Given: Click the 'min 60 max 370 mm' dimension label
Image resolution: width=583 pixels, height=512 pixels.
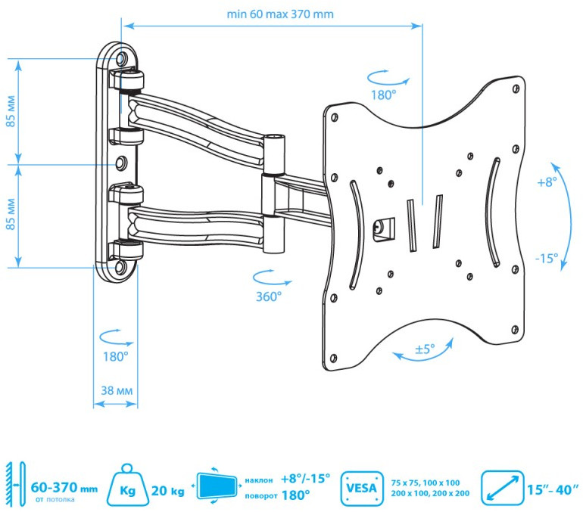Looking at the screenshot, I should (279, 14).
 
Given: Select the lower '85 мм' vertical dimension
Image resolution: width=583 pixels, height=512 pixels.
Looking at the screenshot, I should (11, 216).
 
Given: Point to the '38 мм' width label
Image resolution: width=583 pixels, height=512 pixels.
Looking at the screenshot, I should (117, 390).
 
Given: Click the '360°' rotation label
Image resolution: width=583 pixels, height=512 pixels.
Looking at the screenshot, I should (268, 296).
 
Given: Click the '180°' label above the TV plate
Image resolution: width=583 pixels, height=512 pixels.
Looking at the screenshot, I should (384, 95).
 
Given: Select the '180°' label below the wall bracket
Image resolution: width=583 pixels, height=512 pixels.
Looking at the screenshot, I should (116, 355).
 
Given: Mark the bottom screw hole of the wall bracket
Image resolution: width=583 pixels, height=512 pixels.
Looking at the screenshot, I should (122, 267).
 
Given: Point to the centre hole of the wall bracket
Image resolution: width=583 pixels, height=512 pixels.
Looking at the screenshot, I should (121, 162).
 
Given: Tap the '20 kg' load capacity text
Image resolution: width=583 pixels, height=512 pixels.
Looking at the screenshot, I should (168, 491).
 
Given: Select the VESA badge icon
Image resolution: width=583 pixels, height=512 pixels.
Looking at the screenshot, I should (361, 487).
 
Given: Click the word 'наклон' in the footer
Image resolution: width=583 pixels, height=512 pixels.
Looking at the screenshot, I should (259, 479).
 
